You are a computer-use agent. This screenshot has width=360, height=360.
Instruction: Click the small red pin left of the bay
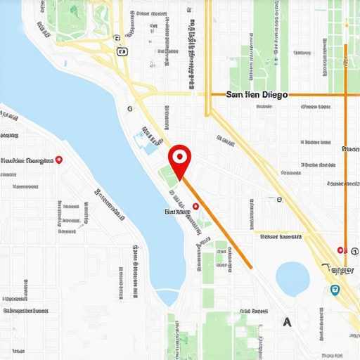click(59, 160)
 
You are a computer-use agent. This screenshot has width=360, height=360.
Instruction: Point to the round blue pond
click(292, 278)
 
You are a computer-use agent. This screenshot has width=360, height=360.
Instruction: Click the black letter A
click(287, 322)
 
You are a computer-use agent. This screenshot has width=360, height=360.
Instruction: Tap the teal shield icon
click(334, 290)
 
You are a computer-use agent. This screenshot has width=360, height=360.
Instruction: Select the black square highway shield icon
click(122, 51)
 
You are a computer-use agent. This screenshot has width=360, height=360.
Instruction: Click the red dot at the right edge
click(340, 250)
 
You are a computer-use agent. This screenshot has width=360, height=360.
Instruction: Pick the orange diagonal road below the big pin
click(218, 224)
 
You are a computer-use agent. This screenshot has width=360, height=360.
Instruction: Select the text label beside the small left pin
click(28, 160)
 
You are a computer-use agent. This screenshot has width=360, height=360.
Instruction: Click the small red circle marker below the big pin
click(196, 205)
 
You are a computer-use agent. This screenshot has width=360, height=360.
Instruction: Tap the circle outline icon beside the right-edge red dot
click(354, 250)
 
